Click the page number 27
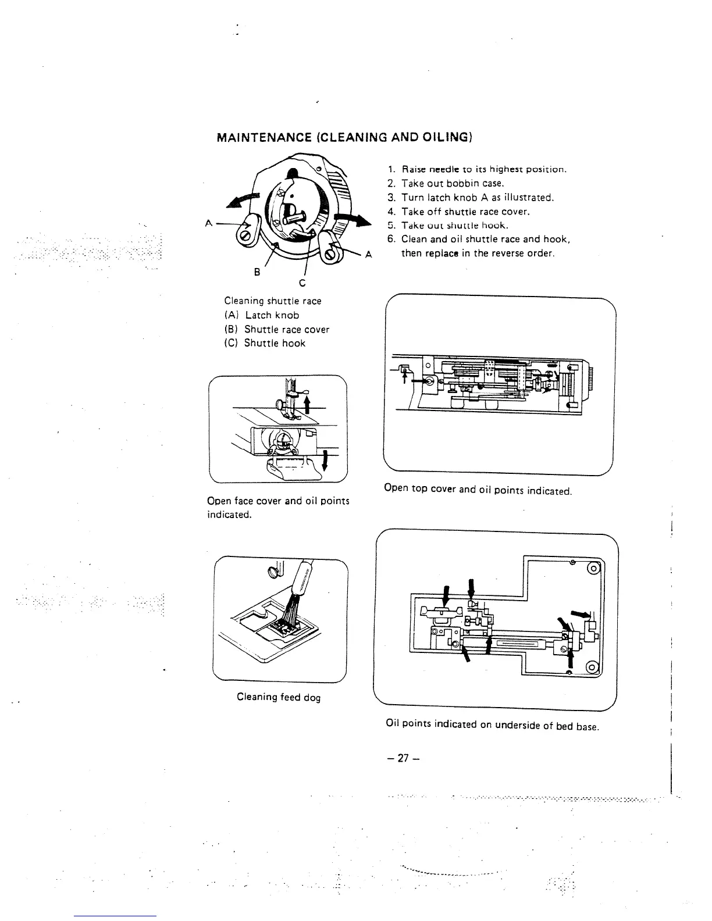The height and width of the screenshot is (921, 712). tap(402, 758)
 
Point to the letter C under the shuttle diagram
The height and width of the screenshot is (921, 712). tap(302, 283)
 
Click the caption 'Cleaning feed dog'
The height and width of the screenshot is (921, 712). tap(279, 697)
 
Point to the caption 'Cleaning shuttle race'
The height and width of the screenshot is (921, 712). tap(273, 301)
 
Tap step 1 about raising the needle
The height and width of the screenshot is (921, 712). tap(477, 169)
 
